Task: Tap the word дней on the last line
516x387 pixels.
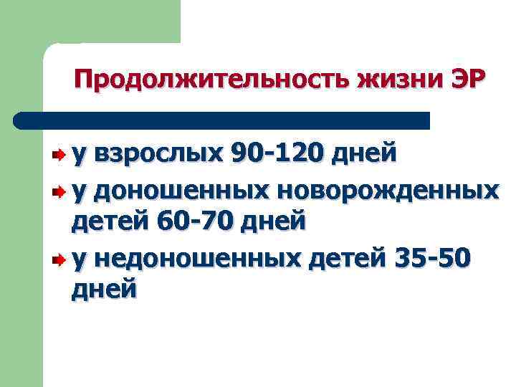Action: pos(104,290)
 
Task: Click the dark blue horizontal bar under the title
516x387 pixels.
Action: pos(229,120)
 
